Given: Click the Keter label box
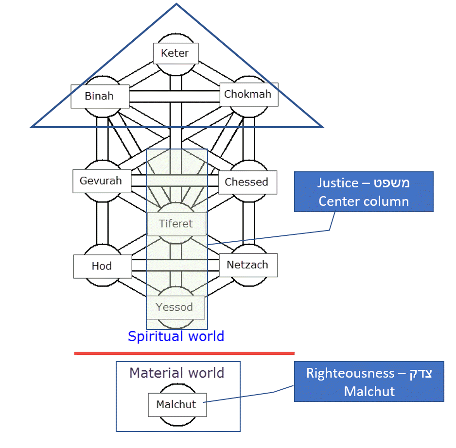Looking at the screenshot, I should pyautogui.click(x=175, y=53).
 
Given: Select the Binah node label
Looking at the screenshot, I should pyautogui.click(x=100, y=96).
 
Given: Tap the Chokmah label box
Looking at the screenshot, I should pyautogui.click(x=248, y=94).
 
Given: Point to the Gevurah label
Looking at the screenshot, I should pyautogui.click(x=101, y=181).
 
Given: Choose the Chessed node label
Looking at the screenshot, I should pyautogui.click(x=247, y=182).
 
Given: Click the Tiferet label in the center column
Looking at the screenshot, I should pyautogui.click(x=176, y=224).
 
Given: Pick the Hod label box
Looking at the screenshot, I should pyautogui.click(x=102, y=266).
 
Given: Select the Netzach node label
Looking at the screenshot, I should pyautogui.click(x=248, y=265).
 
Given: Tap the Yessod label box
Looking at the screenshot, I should pyautogui.click(x=175, y=307).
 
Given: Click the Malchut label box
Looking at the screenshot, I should pyautogui.click(x=177, y=405).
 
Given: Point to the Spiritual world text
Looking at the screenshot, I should pyautogui.click(x=176, y=336).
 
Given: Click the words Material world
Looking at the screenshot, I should pyautogui.click(x=177, y=373).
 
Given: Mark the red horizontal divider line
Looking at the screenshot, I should pyautogui.click(x=184, y=353).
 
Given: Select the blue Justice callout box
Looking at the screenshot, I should pyautogui.click(x=364, y=192).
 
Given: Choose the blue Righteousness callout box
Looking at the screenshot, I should pyautogui.click(x=369, y=382).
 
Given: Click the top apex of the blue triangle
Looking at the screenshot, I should pyautogui.click(x=176, y=4).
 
